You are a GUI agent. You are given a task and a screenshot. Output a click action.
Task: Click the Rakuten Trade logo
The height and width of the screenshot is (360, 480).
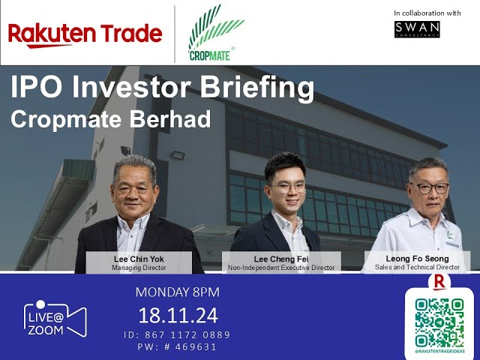(85, 34)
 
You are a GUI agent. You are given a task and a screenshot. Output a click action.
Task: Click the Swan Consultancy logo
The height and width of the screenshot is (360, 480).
(417, 29)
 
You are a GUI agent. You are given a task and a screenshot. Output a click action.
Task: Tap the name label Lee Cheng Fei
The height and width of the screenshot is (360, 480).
(281, 259)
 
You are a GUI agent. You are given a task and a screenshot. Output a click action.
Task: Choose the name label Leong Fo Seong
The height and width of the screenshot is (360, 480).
(417, 259)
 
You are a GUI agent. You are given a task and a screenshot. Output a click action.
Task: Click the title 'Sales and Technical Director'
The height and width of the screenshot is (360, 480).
(417, 267)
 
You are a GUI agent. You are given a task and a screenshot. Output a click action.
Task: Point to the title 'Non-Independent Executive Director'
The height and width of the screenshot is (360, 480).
(281, 267)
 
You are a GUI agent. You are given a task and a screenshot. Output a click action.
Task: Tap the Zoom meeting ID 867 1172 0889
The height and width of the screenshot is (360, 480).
(177, 334)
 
